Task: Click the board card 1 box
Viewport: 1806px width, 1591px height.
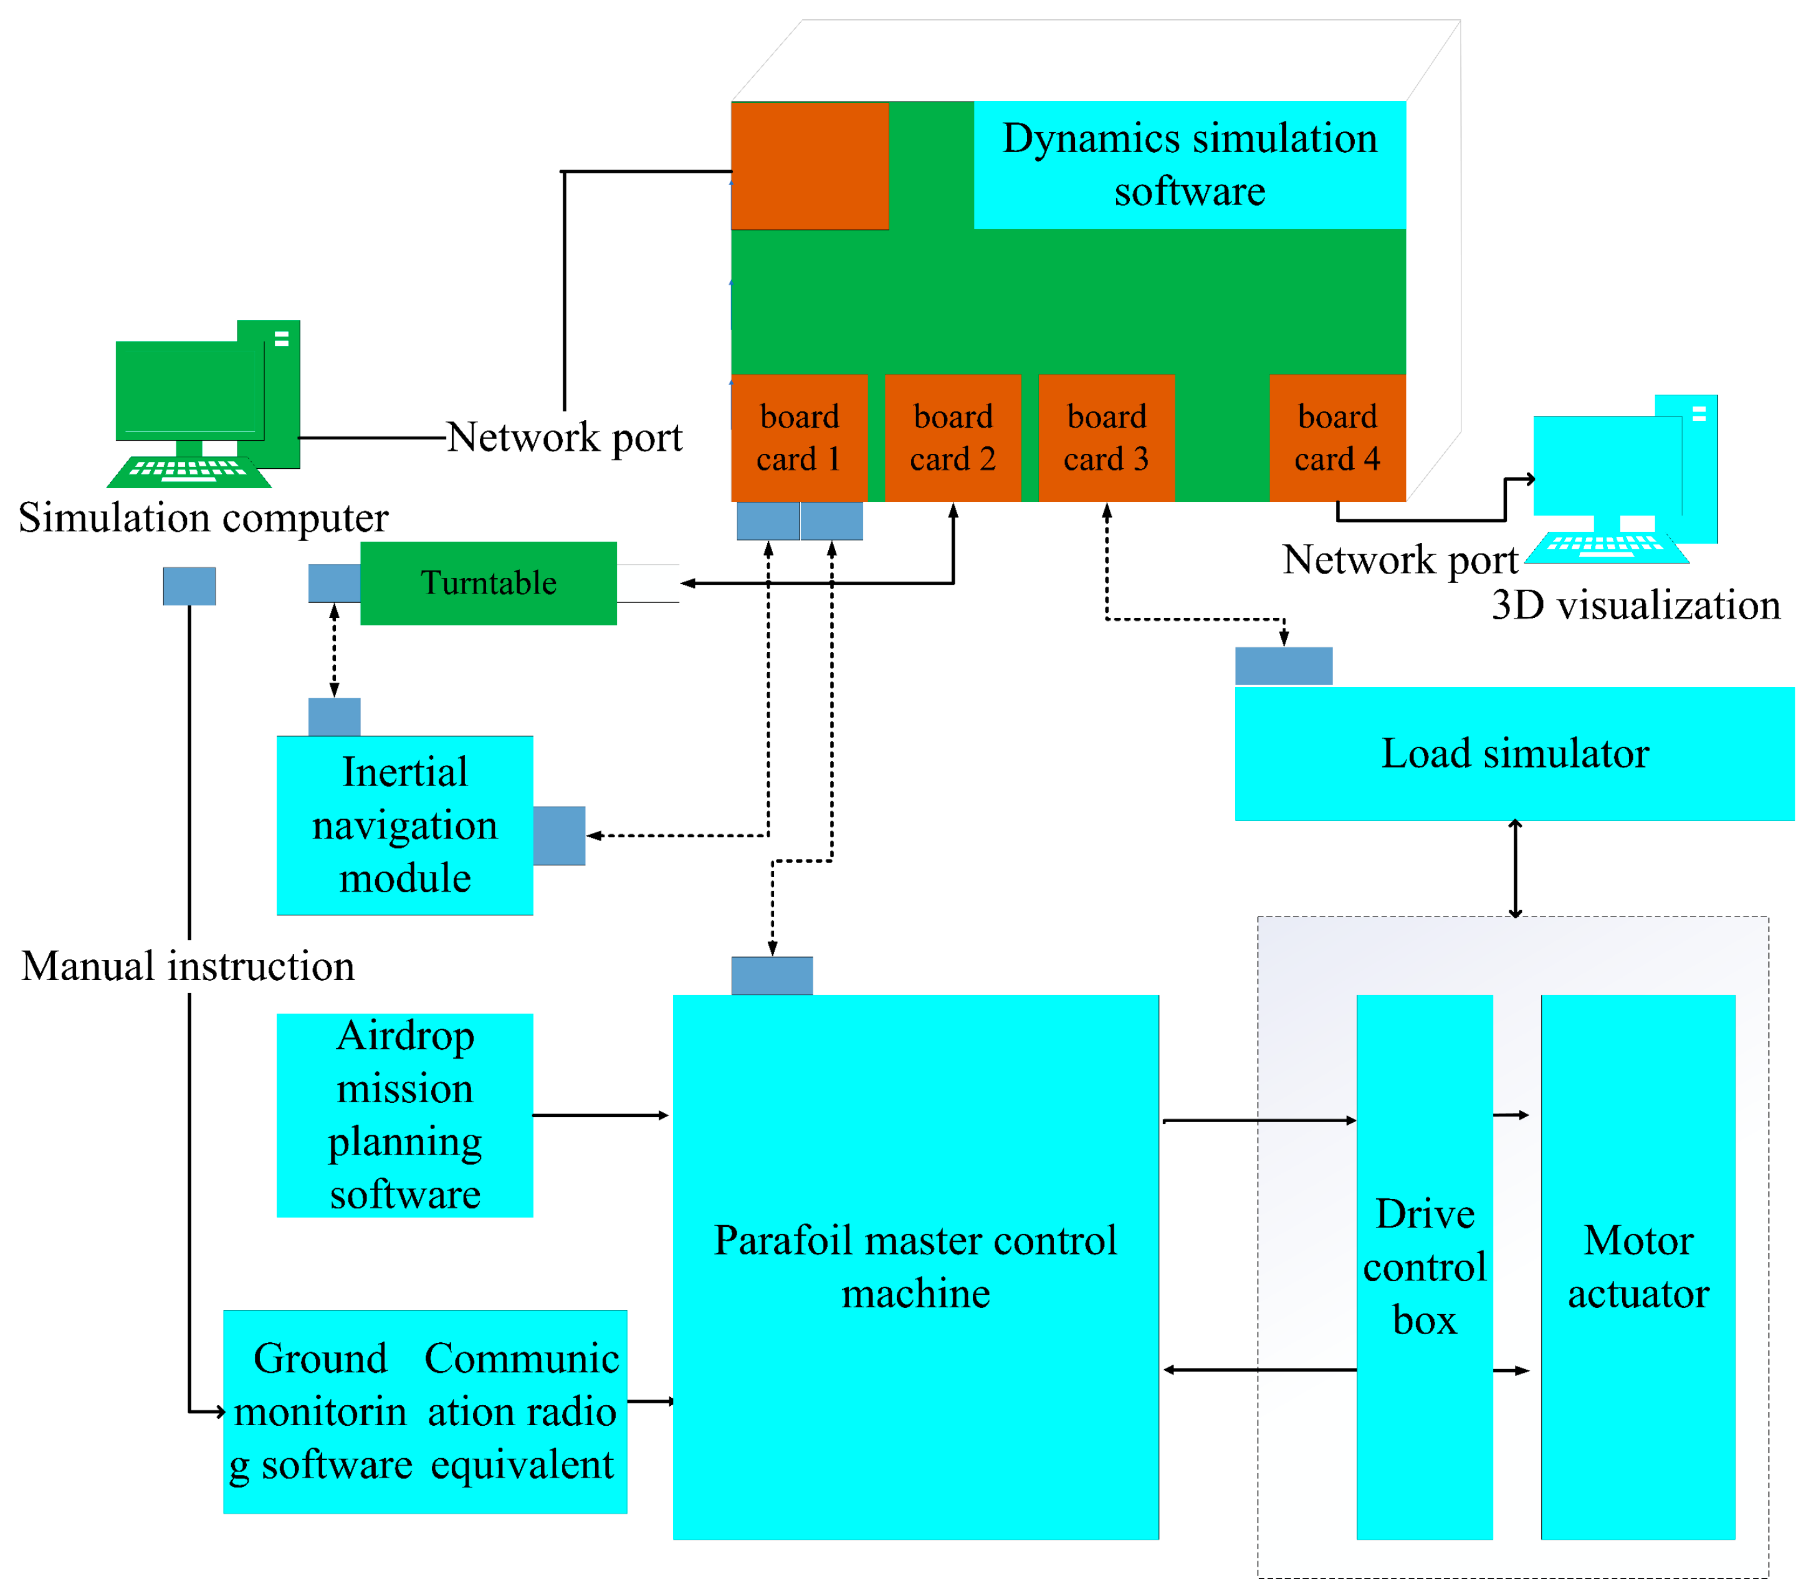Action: click(x=799, y=438)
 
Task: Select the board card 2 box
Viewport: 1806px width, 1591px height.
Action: click(x=952, y=438)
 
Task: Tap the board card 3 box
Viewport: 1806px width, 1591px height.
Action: click(x=1106, y=438)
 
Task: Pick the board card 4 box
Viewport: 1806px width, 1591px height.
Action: click(x=1337, y=438)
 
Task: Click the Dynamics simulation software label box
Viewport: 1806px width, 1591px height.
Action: click(x=1189, y=165)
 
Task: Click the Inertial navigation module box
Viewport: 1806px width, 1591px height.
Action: click(x=404, y=825)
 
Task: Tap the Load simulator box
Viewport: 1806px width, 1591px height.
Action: click(x=1514, y=754)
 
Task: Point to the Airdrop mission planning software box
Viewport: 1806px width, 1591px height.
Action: click(x=404, y=1115)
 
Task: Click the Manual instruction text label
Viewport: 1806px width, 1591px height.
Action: click(x=188, y=966)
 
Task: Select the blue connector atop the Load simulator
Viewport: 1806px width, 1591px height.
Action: click(x=1283, y=666)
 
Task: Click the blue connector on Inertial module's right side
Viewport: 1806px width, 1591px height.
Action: click(x=558, y=835)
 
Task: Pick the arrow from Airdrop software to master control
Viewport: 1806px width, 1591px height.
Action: click(x=601, y=1115)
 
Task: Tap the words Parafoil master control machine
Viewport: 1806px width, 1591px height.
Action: click(x=915, y=1267)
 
